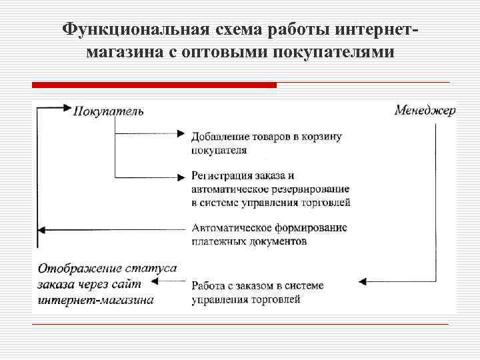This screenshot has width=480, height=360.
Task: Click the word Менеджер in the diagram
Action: pos(425,110)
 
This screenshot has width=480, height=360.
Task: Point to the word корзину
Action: pos(323,137)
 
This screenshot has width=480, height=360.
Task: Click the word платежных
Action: pos(215,241)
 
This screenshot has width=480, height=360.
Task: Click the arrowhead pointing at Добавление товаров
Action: pos(181,133)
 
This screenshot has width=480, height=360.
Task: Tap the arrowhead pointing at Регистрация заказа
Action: pos(181,177)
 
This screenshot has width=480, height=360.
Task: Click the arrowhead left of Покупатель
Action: pos(66,107)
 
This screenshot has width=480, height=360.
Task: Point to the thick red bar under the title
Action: pos(154,85)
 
